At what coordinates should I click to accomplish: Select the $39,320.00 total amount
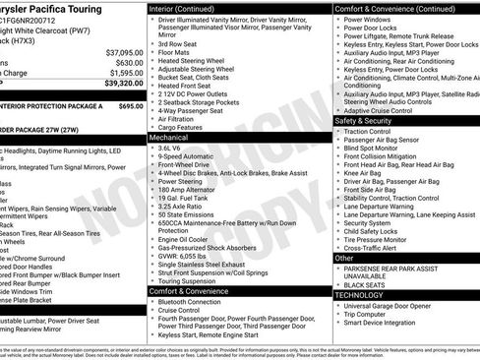pyautogui.click(x=124, y=84)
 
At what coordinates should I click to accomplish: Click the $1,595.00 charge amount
pyautogui.click(x=126, y=72)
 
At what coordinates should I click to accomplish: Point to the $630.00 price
pyautogui.click(x=129, y=62)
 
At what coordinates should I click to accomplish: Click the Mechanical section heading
pyautogui.click(x=176, y=139)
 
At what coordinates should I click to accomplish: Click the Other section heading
pyautogui.click(x=345, y=257)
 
